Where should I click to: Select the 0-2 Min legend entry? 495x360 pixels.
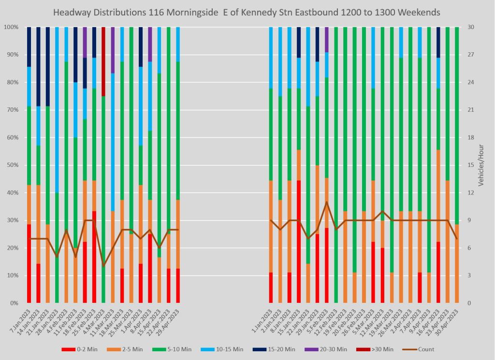[77, 349]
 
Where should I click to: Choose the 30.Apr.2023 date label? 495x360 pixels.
[451, 321]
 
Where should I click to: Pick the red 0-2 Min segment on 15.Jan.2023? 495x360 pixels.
[299, 241]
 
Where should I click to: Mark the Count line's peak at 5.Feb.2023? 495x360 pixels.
[327, 202]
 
